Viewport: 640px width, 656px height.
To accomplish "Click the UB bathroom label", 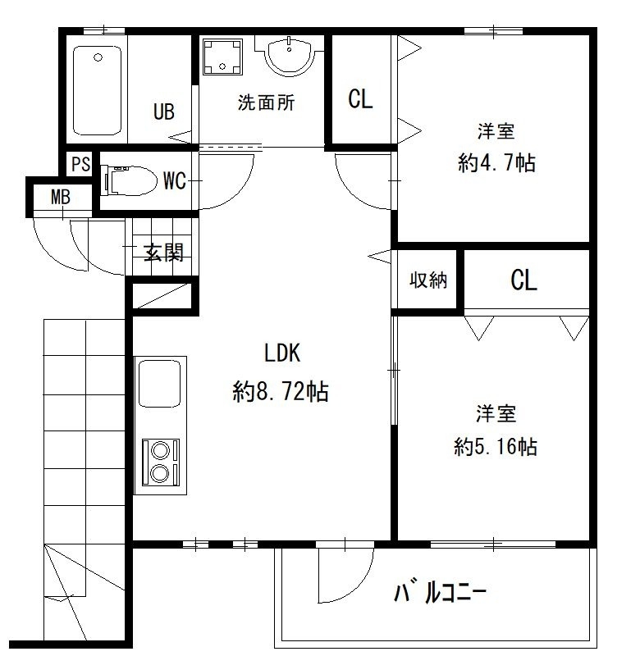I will tap(164, 112).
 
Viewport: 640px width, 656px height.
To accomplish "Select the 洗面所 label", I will tap(266, 103).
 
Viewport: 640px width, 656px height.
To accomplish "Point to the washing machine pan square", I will tap(222, 57).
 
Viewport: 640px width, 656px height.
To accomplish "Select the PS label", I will tap(80, 163).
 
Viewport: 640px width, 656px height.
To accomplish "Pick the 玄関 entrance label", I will tap(163, 253).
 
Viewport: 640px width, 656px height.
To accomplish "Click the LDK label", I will tap(283, 353).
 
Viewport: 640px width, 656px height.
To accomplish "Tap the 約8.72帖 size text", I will tap(281, 393).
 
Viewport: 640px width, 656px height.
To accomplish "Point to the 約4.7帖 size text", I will tap(496, 162).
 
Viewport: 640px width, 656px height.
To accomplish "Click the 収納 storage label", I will tap(428, 280).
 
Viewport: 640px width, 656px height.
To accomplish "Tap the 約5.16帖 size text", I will tap(496, 447).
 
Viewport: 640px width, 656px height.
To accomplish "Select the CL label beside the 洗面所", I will tap(360, 99).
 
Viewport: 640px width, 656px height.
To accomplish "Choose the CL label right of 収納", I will tap(523, 280).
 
